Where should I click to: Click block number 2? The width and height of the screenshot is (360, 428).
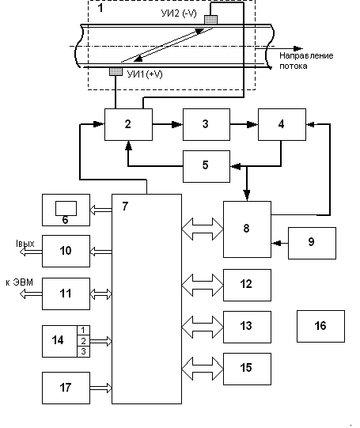(128, 124)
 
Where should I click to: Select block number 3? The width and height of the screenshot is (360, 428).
(207, 124)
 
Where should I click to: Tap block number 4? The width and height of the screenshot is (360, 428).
(282, 124)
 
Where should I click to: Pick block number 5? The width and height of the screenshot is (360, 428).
(207, 166)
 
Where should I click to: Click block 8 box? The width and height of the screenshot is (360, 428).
(248, 229)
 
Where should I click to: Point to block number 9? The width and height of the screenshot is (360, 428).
(312, 243)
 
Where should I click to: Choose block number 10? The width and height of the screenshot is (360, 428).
(66, 251)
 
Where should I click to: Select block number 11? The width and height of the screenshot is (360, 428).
(66, 294)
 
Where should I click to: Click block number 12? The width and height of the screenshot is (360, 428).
(248, 285)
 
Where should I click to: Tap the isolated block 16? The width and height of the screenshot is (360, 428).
(320, 326)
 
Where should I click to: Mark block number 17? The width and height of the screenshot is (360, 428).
(66, 388)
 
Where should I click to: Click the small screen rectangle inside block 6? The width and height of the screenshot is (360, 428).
(66, 209)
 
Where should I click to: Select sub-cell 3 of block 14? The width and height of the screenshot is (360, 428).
(84, 351)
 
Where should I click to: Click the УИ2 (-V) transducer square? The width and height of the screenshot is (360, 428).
(211, 20)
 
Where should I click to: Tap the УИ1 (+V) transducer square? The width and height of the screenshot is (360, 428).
(116, 71)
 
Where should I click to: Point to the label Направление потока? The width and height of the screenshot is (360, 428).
(306, 61)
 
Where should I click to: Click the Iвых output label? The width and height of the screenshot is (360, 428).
(25, 243)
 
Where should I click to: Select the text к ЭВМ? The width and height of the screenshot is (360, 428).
(19, 282)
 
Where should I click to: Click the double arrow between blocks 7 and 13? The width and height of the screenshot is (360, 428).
(203, 327)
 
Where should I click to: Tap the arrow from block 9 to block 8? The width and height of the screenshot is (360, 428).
(280, 243)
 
